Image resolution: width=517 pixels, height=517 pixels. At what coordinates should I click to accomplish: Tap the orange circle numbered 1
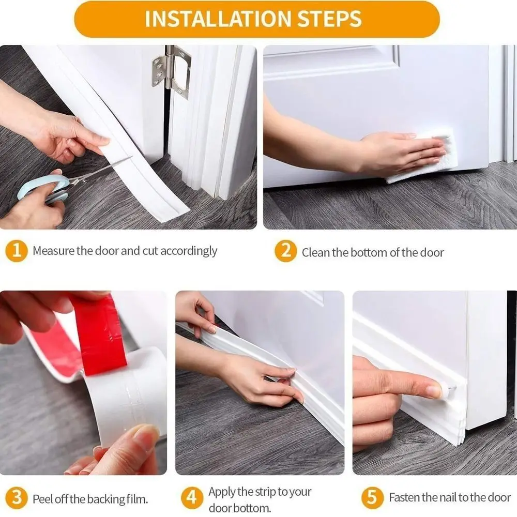click(x=17, y=251)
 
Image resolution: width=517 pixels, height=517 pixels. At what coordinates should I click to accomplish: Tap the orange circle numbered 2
click(x=285, y=252)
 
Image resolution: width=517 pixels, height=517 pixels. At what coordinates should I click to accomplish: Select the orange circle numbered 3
click(x=17, y=499)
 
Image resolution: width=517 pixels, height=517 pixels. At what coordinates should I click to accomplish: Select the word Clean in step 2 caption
click(x=315, y=253)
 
